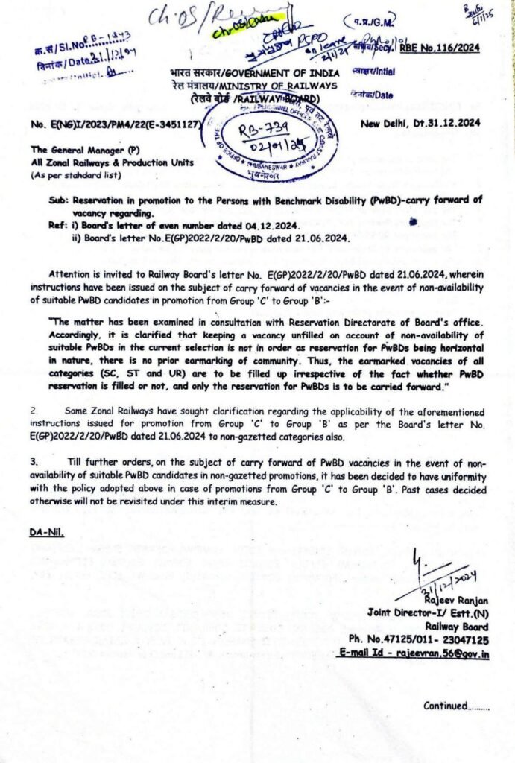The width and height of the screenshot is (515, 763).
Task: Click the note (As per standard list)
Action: (69, 174)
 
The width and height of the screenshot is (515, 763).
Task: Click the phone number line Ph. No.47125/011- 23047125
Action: (429, 639)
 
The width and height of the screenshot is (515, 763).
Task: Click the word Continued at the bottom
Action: (445, 706)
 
